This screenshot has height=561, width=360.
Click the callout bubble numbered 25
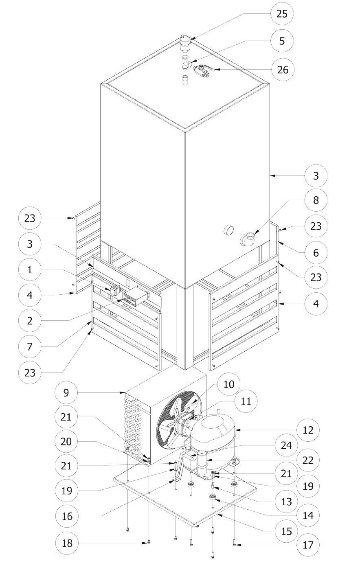tap(282, 14)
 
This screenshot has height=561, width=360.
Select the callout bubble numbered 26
tap(283, 70)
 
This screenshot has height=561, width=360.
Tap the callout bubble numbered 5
tap(282, 41)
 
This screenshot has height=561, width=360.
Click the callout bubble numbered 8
tap(316, 200)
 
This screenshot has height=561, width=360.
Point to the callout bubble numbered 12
tap(308, 430)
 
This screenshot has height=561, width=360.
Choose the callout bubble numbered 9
tap(66, 392)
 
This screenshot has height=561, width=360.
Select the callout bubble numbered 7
tap(30, 346)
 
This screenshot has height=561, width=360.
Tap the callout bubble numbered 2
tap(30, 321)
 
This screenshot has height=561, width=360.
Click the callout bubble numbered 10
tap(229, 384)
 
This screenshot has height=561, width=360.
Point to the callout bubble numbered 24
tap(286, 445)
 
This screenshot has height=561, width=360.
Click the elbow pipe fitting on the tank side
tap(247, 239)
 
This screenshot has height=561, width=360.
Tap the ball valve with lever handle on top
tap(204, 70)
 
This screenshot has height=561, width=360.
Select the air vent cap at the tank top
tap(185, 43)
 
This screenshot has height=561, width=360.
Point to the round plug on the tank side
tap(228, 230)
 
